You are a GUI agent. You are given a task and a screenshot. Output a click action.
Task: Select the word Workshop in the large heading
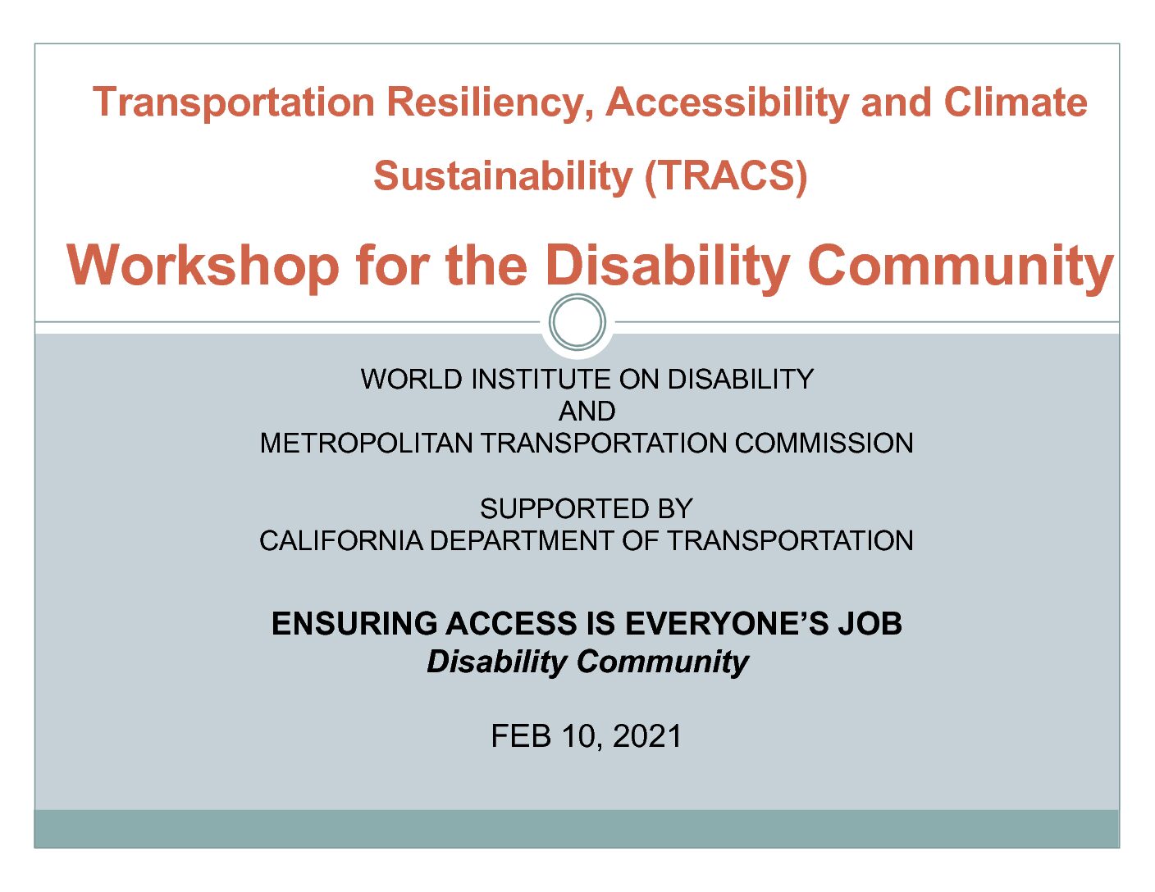click(203, 266)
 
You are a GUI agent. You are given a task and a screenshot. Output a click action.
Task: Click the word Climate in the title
click(1016, 102)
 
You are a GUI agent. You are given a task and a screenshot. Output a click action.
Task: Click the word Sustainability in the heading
click(503, 178)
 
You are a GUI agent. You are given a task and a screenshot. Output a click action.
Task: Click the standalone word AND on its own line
click(587, 412)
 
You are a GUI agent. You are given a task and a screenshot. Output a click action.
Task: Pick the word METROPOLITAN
click(366, 444)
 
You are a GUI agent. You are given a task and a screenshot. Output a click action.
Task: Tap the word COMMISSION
click(824, 444)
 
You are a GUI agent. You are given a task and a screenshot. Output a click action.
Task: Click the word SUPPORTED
click(564, 509)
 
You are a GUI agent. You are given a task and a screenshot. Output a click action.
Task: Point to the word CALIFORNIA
click(340, 541)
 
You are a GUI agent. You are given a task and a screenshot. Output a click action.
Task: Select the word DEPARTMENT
click(522, 541)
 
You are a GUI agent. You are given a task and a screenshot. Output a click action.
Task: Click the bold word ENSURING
click(354, 623)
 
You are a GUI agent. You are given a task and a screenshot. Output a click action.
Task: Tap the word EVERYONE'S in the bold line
click(727, 623)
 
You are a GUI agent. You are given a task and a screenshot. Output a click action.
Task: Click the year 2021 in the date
click(647, 736)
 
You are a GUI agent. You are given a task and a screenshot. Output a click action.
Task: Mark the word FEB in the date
click(521, 736)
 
